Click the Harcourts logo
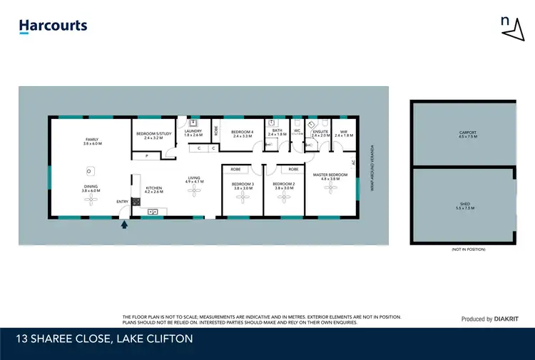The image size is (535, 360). (53, 26)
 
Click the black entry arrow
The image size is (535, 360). (126, 225)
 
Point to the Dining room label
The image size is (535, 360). (92, 188)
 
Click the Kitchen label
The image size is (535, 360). (154, 189)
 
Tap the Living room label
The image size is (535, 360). (194, 180)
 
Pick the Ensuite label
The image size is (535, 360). (320, 133)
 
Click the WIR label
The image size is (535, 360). (343, 133)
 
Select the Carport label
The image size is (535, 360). (468, 133)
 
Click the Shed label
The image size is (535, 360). (465, 205)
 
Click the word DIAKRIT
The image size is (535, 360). (508, 319)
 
